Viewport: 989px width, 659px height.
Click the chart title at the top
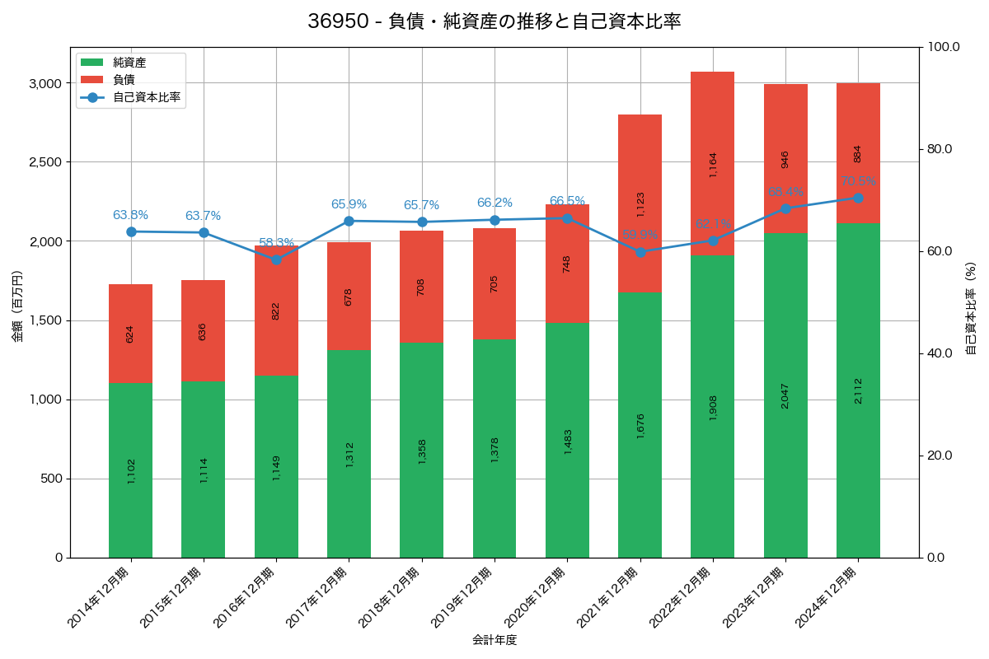click(x=494, y=21)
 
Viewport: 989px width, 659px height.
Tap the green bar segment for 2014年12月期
click(x=130, y=470)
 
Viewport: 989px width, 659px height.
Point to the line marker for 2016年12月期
click(x=276, y=259)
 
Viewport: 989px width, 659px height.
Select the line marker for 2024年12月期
click(x=858, y=198)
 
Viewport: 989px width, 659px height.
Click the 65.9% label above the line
click(x=349, y=204)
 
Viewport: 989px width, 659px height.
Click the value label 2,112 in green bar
click(x=858, y=390)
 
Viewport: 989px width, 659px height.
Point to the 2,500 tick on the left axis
click(x=45, y=162)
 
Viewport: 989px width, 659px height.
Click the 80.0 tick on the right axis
click(x=939, y=149)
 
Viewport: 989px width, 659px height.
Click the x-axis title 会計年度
click(x=494, y=640)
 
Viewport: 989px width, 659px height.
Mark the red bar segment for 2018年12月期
click(x=421, y=287)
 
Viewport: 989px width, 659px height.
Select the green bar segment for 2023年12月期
click(x=785, y=395)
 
